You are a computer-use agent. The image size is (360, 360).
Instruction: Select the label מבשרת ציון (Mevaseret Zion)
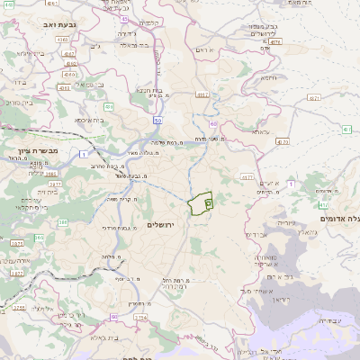tap(37, 151)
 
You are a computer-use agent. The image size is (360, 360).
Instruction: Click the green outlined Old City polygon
tap(200, 204)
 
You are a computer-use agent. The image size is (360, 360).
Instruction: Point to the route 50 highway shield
tap(157, 119)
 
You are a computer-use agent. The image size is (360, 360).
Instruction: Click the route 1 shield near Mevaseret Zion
tap(83, 156)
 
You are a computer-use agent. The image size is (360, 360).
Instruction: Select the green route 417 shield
tap(346, 130)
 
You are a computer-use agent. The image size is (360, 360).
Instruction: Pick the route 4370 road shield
tap(283, 141)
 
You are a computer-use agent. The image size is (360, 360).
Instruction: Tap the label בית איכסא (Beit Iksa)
tap(102, 120)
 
